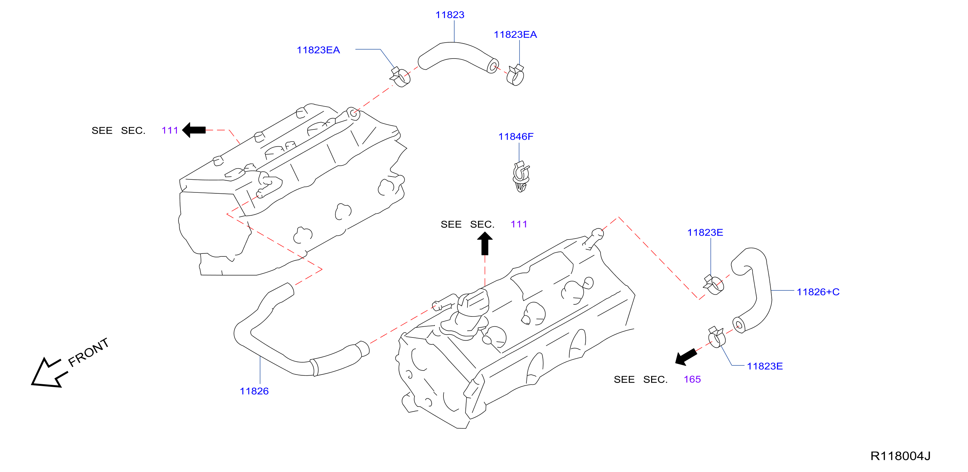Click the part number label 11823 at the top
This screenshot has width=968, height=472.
tap(449, 15)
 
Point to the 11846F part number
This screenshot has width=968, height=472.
tap(516, 136)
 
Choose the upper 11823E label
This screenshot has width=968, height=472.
tap(705, 232)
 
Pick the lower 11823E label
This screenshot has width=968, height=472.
tap(764, 366)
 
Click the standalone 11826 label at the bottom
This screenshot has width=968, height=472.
tap(254, 391)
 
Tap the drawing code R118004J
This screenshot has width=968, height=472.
tap(900, 456)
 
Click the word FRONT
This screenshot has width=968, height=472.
tap(89, 352)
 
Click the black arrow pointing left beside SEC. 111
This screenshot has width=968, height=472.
tap(194, 130)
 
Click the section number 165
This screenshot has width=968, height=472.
tap(692, 379)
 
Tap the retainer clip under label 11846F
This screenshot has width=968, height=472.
tap(521, 177)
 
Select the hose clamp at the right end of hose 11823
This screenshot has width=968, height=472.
tap(515, 75)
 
